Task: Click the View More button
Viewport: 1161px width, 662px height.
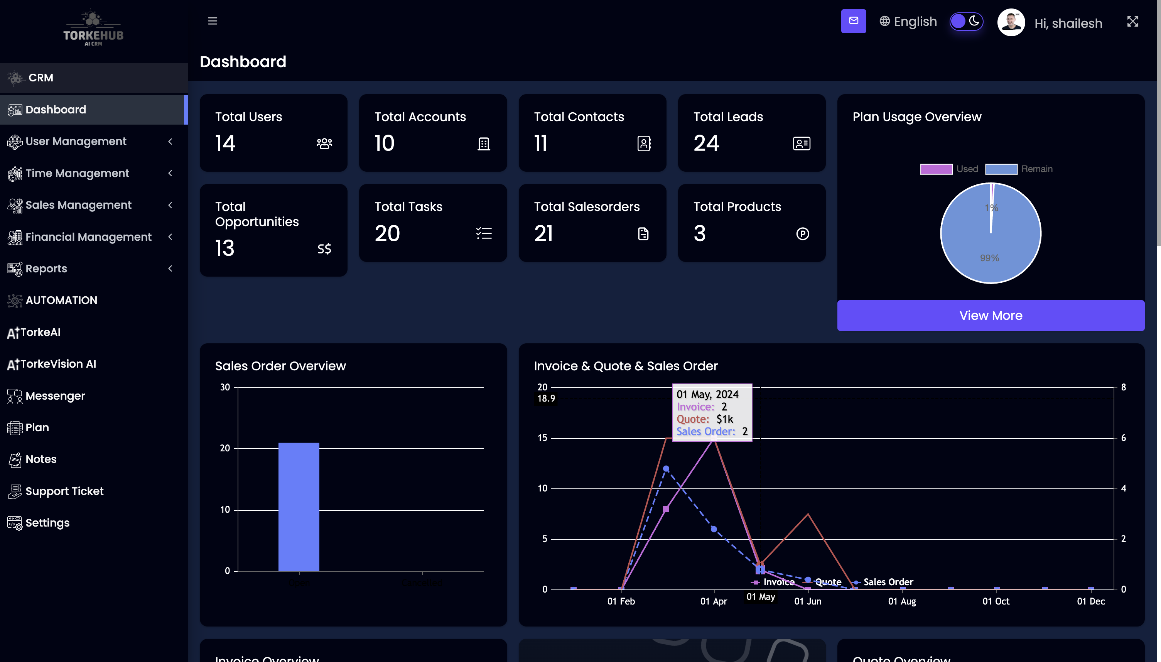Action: click(x=990, y=316)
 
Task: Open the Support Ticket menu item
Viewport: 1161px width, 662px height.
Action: click(x=64, y=491)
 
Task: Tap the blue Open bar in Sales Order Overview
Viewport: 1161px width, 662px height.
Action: click(x=299, y=507)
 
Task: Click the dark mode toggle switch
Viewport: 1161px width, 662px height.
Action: click(x=965, y=21)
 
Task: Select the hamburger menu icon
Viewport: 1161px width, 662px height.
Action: click(x=212, y=21)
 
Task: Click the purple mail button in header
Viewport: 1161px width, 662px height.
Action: click(x=853, y=21)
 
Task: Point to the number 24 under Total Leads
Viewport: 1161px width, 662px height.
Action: click(x=706, y=143)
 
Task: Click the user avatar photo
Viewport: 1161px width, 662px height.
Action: click(x=1011, y=22)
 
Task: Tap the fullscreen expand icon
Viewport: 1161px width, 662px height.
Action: click(x=1132, y=21)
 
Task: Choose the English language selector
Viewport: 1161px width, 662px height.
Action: click(x=908, y=21)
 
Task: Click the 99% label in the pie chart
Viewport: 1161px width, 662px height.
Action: click(x=989, y=258)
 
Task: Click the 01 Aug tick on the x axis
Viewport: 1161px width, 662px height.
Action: click(x=902, y=601)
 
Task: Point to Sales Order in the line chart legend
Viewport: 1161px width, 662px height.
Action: click(x=888, y=582)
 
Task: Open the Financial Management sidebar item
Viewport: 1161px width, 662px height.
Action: click(x=88, y=237)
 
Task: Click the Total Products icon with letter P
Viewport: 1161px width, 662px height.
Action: click(x=802, y=234)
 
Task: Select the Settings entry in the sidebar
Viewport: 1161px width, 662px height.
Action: click(x=47, y=523)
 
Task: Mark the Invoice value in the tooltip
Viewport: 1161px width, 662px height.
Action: click(x=724, y=407)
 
